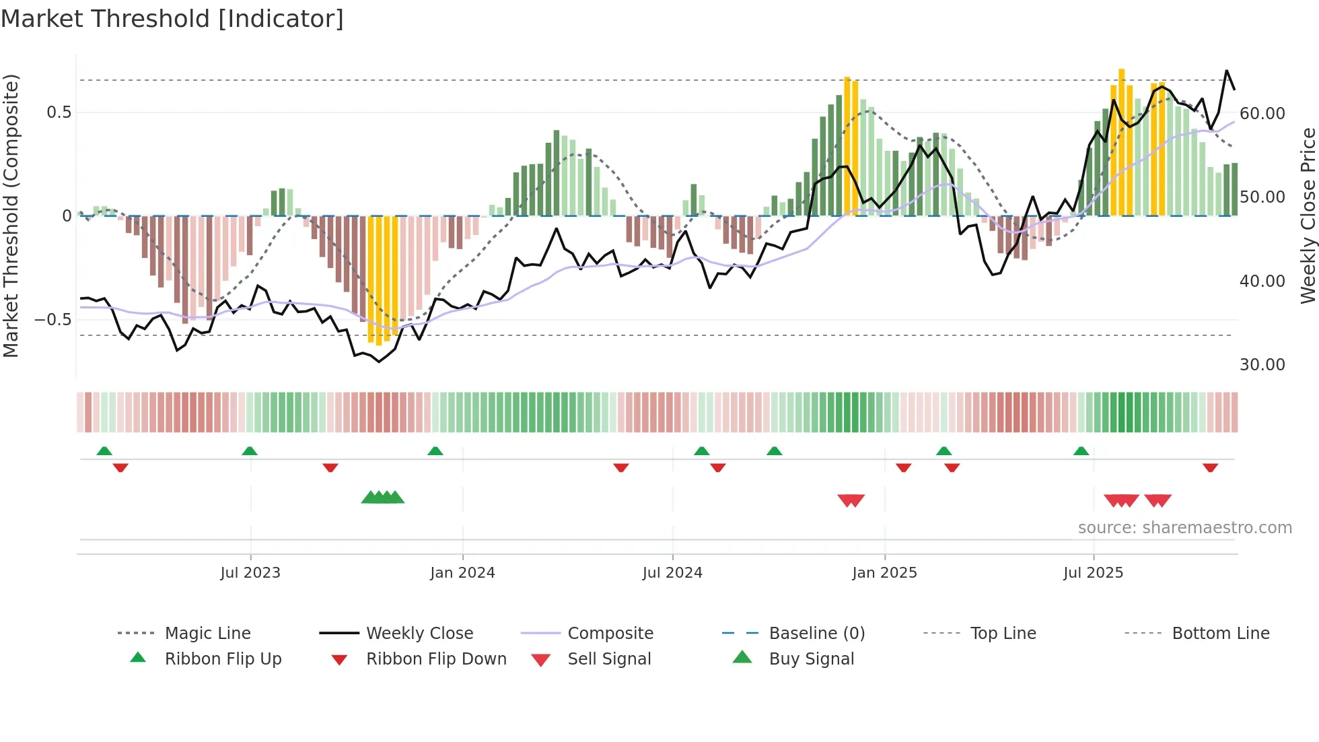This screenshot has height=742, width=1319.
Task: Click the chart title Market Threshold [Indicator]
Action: click(x=172, y=19)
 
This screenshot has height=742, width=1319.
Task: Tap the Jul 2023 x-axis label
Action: click(x=250, y=573)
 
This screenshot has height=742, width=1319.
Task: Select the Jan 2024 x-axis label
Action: click(x=462, y=573)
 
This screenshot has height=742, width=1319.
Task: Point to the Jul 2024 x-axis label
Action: click(x=672, y=573)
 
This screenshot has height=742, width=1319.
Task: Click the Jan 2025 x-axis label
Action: click(x=884, y=573)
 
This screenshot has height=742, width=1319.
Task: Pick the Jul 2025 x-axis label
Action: click(x=1093, y=573)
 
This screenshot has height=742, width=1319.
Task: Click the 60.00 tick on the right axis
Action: click(x=1262, y=114)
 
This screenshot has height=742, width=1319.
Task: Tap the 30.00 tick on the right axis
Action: click(x=1262, y=365)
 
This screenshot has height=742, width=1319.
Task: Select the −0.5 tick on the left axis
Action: click(x=53, y=320)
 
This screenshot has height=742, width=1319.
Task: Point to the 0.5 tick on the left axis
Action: click(x=59, y=112)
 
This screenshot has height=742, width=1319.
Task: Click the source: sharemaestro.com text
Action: click(x=1184, y=528)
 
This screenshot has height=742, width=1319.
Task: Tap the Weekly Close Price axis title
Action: click(x=1308, y=215)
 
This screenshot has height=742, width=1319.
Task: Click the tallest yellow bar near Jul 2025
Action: click(x=1121, y=141)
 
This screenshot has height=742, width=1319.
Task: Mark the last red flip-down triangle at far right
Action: click(x=1210, y=467)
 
